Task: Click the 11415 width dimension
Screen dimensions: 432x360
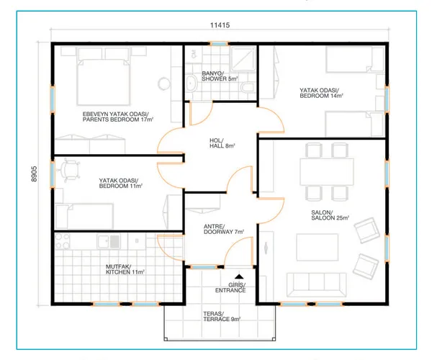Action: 220,25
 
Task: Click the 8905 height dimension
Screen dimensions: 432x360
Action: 34,174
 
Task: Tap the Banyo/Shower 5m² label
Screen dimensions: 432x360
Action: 220,76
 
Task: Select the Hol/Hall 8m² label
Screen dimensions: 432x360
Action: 222,143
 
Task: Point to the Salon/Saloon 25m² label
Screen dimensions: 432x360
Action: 330,215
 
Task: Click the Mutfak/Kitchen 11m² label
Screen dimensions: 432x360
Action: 125,269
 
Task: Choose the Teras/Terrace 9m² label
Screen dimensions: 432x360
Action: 222,317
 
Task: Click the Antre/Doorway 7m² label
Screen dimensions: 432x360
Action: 224,229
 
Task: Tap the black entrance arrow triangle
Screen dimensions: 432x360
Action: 239,276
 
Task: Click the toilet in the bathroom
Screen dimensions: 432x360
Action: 248,87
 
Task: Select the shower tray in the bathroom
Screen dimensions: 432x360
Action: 243,59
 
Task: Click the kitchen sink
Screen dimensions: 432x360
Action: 109,241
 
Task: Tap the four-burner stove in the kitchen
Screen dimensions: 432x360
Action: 62,241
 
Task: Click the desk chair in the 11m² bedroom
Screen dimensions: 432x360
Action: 68,170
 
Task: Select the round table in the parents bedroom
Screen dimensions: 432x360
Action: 164,84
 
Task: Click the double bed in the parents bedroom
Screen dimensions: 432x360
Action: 103,81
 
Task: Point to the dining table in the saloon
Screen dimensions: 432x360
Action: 327,171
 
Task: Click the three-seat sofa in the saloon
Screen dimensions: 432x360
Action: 316,285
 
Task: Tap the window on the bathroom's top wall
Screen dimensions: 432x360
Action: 218,43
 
